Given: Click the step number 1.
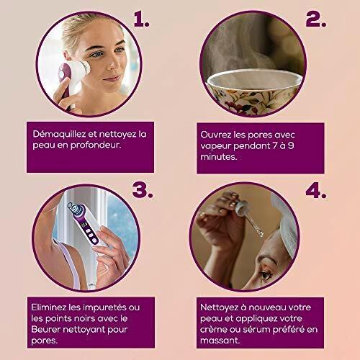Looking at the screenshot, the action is (x=142, y=19).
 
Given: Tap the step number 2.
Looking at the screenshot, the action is (x=316, y=19).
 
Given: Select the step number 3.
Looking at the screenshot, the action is (x=143, y=190).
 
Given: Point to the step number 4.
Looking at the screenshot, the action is (x=316, y=191).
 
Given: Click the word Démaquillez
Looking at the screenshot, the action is (x=59, y=135).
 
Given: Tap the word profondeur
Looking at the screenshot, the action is (x=95, y=145).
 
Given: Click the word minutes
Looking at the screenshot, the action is (x=218, y=157).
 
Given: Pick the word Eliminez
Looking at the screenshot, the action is (x=49, y=307).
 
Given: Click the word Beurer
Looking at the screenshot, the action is (x=45, y=329).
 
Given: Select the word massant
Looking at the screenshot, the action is (x=220, y=341).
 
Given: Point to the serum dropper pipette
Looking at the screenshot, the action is (x=250, y=217).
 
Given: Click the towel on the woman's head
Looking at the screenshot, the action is (x=286, y=223).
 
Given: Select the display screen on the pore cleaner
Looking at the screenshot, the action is (x=84, y=225).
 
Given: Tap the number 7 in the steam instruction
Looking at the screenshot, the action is (x=275, y=145).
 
